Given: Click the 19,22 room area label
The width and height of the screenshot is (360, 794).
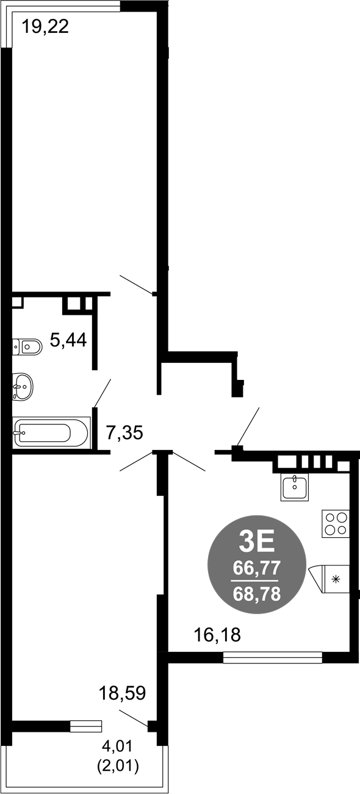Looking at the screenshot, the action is (45, 27).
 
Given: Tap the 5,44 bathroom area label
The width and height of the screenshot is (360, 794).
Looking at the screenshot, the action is (68, 340).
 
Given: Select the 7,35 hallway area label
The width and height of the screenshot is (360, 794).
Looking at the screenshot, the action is (125, 432).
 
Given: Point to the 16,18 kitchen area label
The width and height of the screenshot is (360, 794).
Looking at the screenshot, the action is (217, 634).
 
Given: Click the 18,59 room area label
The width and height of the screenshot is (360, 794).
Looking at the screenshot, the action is (123, 693).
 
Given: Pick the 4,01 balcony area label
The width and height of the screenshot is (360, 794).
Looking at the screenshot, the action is (117, 746).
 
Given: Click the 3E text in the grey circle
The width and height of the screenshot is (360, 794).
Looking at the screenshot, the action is (257, 543).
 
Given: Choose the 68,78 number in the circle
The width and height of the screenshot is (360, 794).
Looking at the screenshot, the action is (257, 594).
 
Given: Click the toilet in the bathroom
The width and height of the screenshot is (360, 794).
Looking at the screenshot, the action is (27, 346).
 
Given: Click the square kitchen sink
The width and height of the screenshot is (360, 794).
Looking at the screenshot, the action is (294, 488).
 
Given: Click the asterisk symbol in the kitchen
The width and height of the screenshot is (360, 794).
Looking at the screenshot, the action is (335, 579).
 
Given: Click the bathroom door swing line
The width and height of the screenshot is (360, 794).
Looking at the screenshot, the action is (103, 393).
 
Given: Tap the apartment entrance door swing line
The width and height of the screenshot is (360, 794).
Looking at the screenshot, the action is (248, 426).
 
